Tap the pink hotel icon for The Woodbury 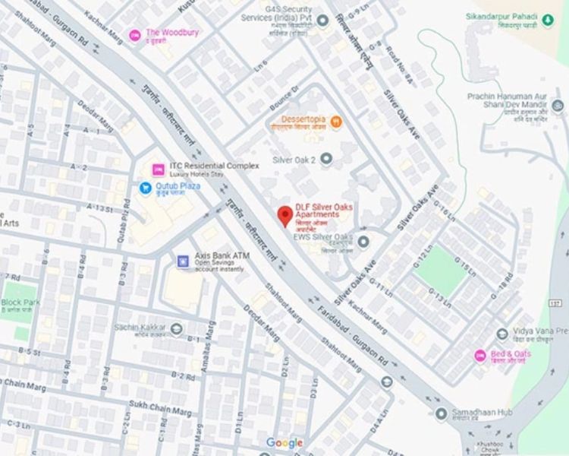pyautogui.click(x=135, y=34)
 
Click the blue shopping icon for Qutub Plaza pyautogui.click(x=145, y=187)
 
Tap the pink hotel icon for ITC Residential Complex pyautogui.click(x=159, y=169)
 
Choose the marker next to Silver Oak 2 pyautogui.click(x=326, y=159)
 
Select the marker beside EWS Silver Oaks pyautogui.click(x=363, y=242)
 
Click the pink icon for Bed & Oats pyautogui.click(x=479, y=356)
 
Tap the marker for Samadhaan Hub pyautogui.click(x=441, y=413)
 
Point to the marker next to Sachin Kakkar pyautogui.click(x=177, y=328)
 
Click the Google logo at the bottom pyautogui.click(x=284, y=443)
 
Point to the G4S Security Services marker pyautogui.click(x=322, y=20)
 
